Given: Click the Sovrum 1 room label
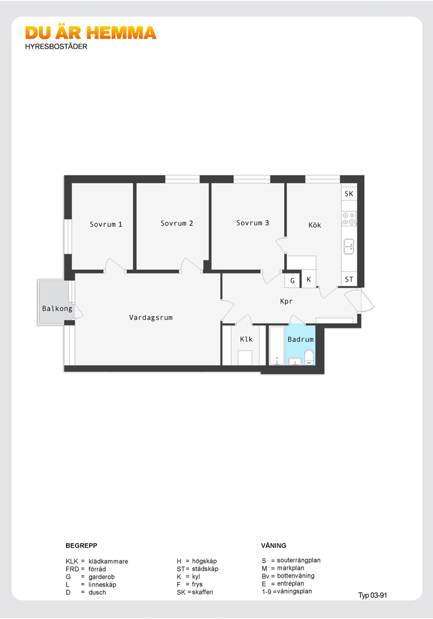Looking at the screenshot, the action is point(106,224).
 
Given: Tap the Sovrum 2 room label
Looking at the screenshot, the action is point(177,223).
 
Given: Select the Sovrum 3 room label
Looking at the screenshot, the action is point(252,223).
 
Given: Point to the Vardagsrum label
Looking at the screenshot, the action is point(151,317).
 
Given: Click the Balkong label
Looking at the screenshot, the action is point(57,309).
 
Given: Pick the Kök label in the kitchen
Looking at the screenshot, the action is point(315,225).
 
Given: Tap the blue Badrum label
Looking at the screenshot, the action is point(300,339).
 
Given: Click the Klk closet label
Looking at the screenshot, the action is point(246,339).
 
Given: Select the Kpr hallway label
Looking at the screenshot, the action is point(286,301).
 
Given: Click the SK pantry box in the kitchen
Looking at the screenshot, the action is point(349,193).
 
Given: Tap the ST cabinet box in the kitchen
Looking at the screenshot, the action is point(349,279).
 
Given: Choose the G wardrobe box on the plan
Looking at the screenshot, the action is point(292,280).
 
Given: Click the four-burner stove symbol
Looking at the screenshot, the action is point(348,219).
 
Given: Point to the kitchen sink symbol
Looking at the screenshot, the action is point(348,246).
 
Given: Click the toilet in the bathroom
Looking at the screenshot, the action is point(309,357).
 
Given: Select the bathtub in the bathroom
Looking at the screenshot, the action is point(277,346).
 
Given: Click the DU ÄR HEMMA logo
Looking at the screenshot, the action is point(91,33).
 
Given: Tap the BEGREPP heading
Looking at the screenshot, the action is point(81,545).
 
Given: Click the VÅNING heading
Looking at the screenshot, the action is point(274,545).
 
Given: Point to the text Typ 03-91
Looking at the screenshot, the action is point(372,596).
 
